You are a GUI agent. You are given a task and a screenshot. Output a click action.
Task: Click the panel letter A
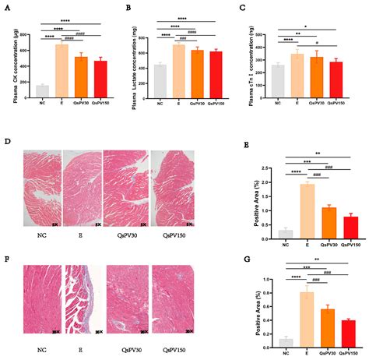(x=7, y=7)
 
